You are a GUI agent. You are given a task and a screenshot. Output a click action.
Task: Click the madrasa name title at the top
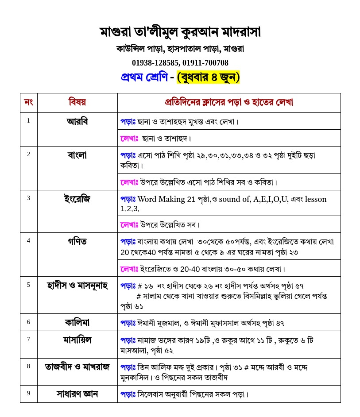pyautogui.click(x=180, y=32)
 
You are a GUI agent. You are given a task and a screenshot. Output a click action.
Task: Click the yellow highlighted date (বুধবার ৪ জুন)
pyautogui.click(x=208, y=77)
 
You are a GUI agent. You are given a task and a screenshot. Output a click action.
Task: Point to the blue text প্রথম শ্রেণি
pyautogui.click(x=144, y=77)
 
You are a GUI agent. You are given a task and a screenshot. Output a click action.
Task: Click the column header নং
pyautogui.click(x=29, y=103)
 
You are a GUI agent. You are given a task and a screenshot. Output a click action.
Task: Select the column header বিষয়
pyautogui.click(x=77, y=103)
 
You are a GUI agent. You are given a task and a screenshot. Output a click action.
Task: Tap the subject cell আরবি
pyautogui.click(x=77, y=121)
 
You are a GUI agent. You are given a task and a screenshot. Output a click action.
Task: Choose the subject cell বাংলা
pyautogui.click(x=77, y=155)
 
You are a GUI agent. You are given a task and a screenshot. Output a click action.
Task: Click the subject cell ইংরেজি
pyautogui.click(x=77, y=199)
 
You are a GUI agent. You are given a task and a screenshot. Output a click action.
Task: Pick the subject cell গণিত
pyautogui.click(x=77, y=242)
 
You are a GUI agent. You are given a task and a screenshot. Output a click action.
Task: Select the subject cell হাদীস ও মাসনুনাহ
pyautogui.click(x=77, y=285)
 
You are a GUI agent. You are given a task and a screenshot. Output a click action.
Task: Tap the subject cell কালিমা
pyautogui.click(x=77, y=322)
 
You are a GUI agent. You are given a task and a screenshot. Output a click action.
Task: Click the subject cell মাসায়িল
pyautogui.click(x=77, y=340)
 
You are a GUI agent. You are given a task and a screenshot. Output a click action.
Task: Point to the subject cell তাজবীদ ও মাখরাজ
pyautogui.click(x=77, y=367)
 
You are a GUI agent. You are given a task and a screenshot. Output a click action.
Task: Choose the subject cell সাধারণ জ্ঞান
pyautogui.click(x=77, y=394)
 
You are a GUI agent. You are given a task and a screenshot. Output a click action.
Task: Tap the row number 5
pyautogui.click(x=29, y=285)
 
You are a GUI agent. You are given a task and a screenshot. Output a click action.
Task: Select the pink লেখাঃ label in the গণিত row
pyautogui.click(x=129, y=269)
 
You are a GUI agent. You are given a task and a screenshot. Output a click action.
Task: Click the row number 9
pyautogui.click(x=29, y=393)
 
